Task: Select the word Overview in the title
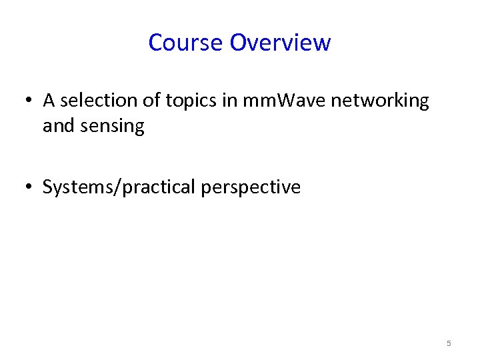(x=280, y=43)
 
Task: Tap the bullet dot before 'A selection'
(x=29, y=101)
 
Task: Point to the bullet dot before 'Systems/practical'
(x=29, y=188)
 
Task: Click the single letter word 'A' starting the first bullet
(x=49, y=101)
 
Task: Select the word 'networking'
(x=380, y=101)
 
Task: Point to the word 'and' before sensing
(x=57, y=126)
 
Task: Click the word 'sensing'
(x=111, y=127)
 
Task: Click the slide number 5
(x=449, y=343)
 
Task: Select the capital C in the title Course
(x=155, y=43)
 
